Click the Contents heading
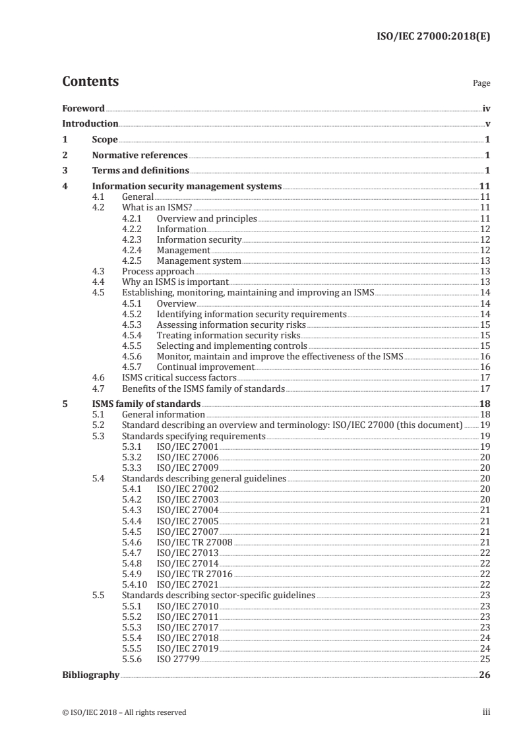90,82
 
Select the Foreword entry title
83,108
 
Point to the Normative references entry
140,156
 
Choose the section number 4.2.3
133,239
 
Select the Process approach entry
158,271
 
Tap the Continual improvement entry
205,367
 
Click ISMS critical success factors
170,378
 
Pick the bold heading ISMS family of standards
146,404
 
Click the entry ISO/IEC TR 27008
195,541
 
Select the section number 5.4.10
135,584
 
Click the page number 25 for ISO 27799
485,658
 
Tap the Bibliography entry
90,675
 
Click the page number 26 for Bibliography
485,675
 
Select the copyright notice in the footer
124,712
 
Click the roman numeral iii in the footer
487,712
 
